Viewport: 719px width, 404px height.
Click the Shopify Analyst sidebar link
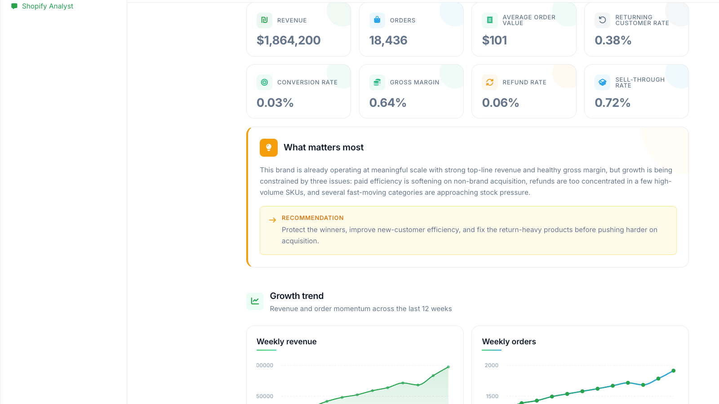[x=42, y=6]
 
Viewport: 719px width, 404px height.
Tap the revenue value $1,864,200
[x=288, y=40]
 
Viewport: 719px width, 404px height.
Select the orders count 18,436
[x=388, y=40]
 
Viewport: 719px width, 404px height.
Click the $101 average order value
[x=494, y=40]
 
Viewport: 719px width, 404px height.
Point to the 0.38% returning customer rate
[x=613, y=40]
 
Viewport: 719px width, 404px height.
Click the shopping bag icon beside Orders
[x=377, y=20]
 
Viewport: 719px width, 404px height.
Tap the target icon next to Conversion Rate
[x=264, y=83]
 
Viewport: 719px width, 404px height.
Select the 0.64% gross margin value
[x=387, y=103]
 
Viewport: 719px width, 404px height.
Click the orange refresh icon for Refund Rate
[x=489, y=83]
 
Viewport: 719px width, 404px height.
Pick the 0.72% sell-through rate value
[x=612, y=103]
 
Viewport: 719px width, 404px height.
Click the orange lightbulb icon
[x=269, y=148]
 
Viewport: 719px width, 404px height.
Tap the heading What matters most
[x=324, y=148]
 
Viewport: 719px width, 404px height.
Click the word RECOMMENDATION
[x=313, y=218]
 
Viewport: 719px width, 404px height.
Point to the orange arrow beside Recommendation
[x=272, y=220]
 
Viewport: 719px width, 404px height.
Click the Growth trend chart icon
[x=255, y=301]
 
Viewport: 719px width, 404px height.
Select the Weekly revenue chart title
[x=286, y=342]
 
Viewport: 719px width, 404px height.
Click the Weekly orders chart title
[x=509, y=342]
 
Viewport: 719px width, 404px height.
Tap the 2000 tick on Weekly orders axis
[x=492, y=365]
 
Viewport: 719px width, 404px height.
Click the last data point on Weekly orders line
[x=674, y=371]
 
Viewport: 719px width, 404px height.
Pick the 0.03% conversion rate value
[x=275, y=103]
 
